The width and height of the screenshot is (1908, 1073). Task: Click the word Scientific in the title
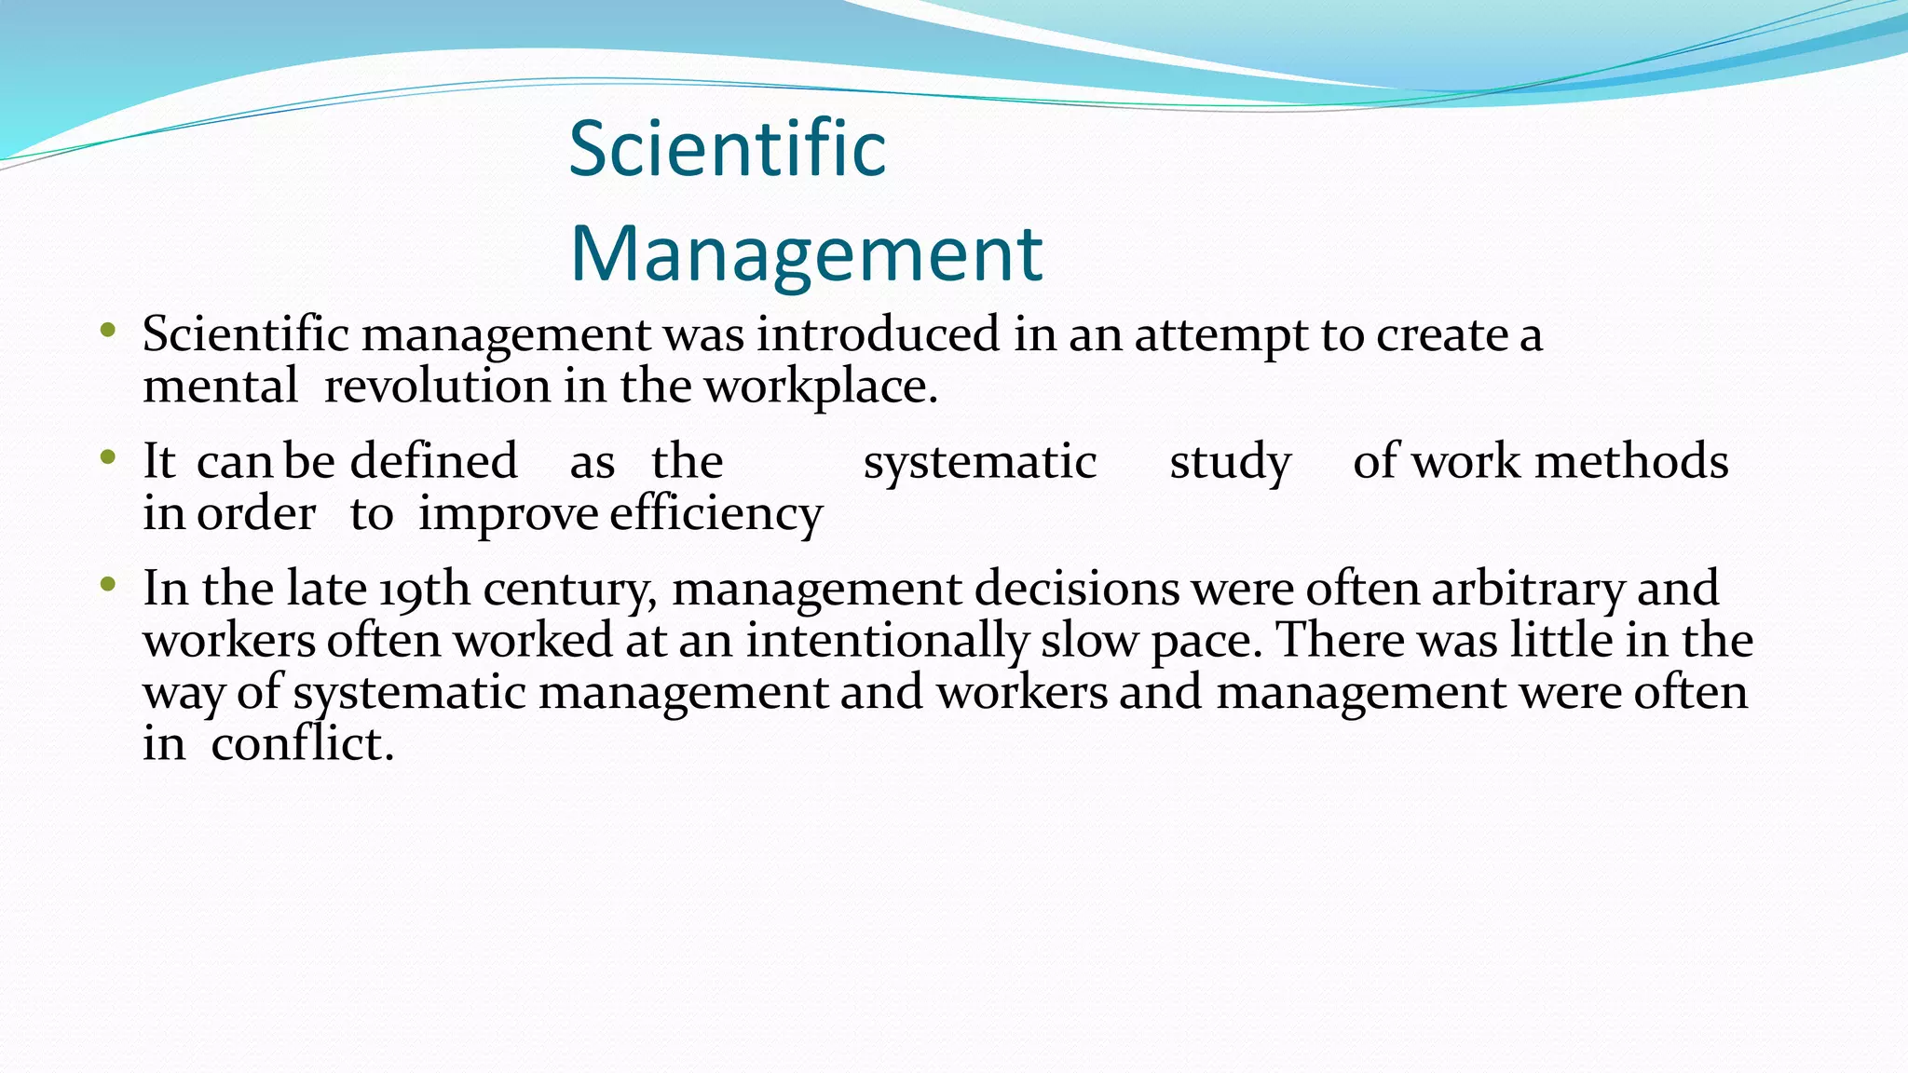click(x=727, y=149)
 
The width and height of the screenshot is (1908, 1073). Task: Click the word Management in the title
click(x=806, y=253)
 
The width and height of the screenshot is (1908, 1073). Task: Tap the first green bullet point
click(x=108, y=330)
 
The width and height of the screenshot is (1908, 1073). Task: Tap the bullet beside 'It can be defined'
click(x=108, y=457)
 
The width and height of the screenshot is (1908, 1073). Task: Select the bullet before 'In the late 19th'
click(x=108, y=585)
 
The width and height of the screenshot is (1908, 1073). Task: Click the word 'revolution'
click(x=437, y=387)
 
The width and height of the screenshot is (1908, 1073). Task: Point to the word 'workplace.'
click(x=821, y=387)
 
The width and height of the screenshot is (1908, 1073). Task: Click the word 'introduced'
click(x=878, y=334)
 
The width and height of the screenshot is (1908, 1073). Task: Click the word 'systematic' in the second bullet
click(x=979, y=463)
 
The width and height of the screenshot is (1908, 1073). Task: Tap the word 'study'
click(x=1230, y=463)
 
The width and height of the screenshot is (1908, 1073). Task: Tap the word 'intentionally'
click(x=886, y=642)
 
